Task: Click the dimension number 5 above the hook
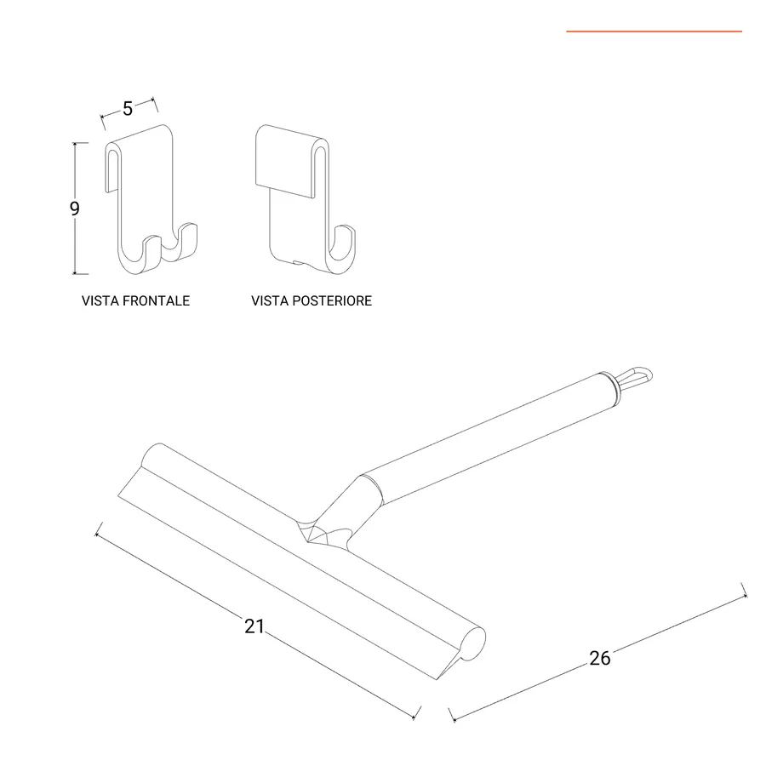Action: click(128, 108)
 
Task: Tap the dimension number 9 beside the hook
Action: click(74, 209)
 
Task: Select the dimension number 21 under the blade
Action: click(254, 626)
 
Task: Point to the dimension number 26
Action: click(599, 659)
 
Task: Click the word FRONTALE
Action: click(156, 301)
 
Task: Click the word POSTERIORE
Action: click(332, 301)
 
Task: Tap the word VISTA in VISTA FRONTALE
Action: click(100, 301)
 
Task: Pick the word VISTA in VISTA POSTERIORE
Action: click(270, 301)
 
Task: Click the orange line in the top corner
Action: click(655, 31)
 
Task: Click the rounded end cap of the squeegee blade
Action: click(473, 644)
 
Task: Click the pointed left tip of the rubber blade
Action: click(118, 496)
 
